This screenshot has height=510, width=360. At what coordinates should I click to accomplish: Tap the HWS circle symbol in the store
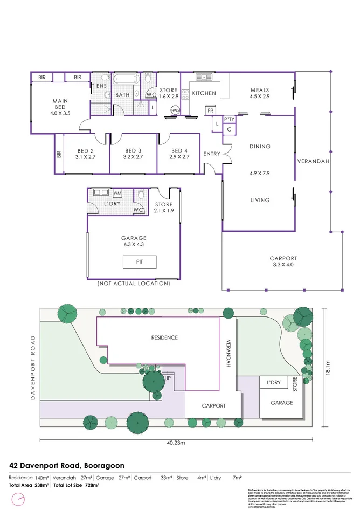175,110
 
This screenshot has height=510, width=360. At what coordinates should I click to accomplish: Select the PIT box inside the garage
140,263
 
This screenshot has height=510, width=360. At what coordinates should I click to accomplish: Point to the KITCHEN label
204,93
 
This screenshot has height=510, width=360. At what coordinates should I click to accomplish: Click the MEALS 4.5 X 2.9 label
259,93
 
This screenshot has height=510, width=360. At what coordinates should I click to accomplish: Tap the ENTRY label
212,154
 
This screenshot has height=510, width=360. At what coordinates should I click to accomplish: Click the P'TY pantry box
229,120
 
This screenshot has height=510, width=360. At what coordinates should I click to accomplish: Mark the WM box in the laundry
117,192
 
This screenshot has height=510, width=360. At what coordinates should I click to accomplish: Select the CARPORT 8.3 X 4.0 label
283,261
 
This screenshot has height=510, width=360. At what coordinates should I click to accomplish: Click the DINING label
260,147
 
